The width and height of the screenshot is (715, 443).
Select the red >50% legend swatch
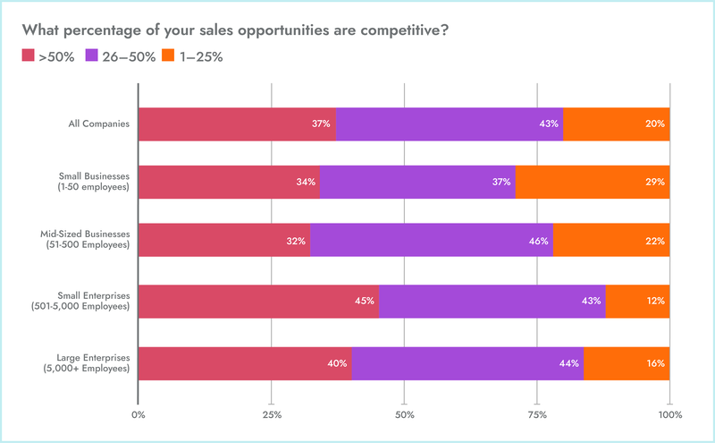(28, 57)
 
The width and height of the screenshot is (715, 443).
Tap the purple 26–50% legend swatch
(93, 57)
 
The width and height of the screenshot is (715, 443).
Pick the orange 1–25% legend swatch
(168, 57)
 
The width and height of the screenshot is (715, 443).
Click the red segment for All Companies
(237, 124)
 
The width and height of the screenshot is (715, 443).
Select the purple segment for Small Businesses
(416, 183)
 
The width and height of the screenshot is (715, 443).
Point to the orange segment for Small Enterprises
(637, 302)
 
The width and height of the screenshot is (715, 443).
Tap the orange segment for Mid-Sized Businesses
(611, 242)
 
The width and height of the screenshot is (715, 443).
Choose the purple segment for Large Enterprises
(467, 363)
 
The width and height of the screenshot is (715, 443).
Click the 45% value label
(364, 302)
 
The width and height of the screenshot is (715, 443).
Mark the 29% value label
(655, 183)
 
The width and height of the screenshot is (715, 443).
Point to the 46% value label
(538, 242)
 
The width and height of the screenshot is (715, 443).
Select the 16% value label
(655, 363)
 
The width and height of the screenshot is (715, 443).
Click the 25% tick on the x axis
(272, 415)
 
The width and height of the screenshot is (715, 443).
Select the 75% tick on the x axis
(537, 415)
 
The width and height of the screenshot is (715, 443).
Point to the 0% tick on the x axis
(139, 415)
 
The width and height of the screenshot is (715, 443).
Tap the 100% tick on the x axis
(669, 415)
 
